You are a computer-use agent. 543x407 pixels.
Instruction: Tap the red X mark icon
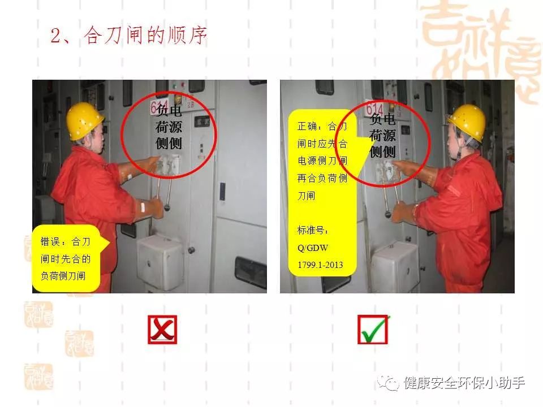(162, 330)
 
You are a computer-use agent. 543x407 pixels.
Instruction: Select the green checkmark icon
(373, 330)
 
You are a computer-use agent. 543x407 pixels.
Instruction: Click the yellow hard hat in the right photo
(467, 122)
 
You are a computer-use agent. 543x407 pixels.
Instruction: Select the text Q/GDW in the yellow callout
(313, 248)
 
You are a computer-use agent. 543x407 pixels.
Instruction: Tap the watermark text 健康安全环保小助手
(464, 383)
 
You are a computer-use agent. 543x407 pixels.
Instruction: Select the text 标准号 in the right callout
(312, 230)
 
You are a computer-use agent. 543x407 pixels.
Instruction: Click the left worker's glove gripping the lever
(152, 209)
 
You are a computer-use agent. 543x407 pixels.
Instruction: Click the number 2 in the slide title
(56, 36)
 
